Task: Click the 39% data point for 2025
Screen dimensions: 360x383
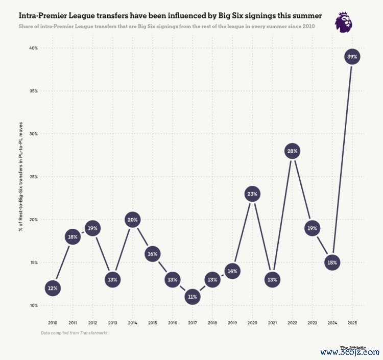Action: (352, 57)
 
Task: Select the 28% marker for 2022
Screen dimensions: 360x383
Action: (292, 151)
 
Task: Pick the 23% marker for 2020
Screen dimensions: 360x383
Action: (252, 194)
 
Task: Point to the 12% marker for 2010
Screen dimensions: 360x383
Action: (53, 289)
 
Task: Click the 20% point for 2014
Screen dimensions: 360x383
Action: (132, 220)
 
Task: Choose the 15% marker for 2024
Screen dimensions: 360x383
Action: (332, 263)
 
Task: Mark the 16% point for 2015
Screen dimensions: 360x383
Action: (152, 254)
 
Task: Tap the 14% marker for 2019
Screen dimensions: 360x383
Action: (232, 271)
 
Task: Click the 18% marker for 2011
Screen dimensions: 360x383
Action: (73, 237)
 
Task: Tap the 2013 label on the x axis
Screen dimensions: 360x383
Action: (112, 323)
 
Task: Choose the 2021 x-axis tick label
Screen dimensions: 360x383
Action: (272, 323)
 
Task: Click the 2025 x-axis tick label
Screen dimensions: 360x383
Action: (352, 323)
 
